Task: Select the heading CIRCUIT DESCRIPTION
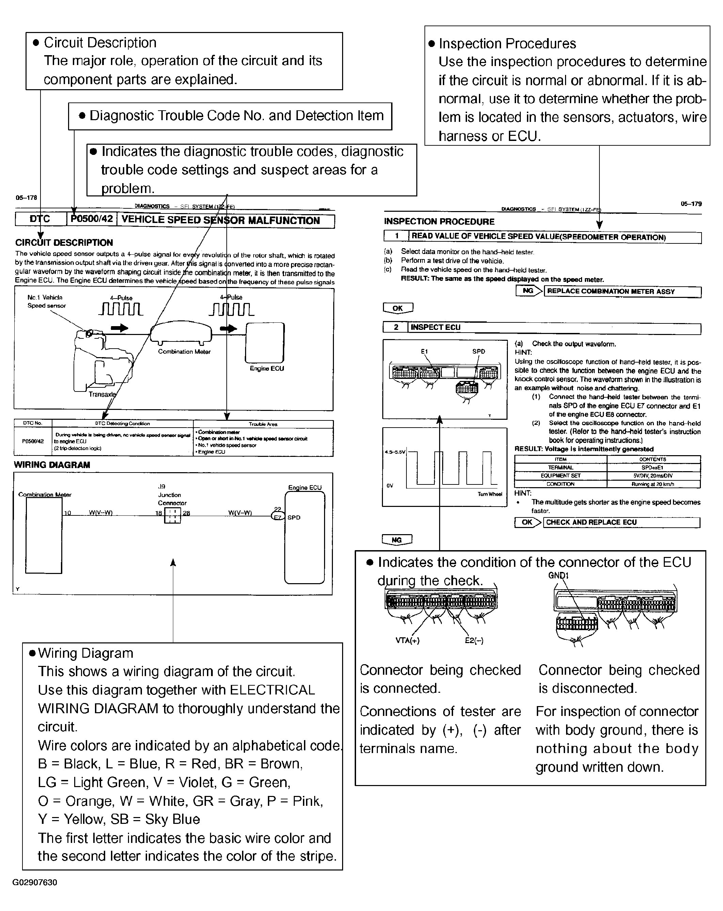pyautogui.click(x=64, y=242)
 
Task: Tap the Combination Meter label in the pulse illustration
pyautogui.click(x=184, y=352)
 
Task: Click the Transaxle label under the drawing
pyautogui.click(x=102, y=394)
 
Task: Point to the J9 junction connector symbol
pyautogui.click(x=172, y=515)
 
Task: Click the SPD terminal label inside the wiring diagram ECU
pyautogui.click(x=294, y=517)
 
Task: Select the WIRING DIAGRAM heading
pyautogui.click(x=52, y=465)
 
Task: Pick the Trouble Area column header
pyautogui.click(x=263, y=424)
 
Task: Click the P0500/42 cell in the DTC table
pyautogui.click(x=33, y=441)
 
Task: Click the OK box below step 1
pyautogui.click(x=398, y=308)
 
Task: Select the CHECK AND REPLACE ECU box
pyautogui.click(x=621, y=522)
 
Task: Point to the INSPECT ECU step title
pyautogui.click(x=435, y=327)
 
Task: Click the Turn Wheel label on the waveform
pyautogui.click(x=490, y=494)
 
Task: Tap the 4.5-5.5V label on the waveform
pyautogui.click(x=395, y=452)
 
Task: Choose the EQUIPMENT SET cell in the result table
pyautogui.click(x=560, y=476)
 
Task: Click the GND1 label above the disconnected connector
pyautogui.click(x=558, y=575)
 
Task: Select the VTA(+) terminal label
pyautogui.click(x=407, y=641)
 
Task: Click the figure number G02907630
pyautogui.click(x=35, y=882)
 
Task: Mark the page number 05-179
pyautogui.click(x=691, y=204)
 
